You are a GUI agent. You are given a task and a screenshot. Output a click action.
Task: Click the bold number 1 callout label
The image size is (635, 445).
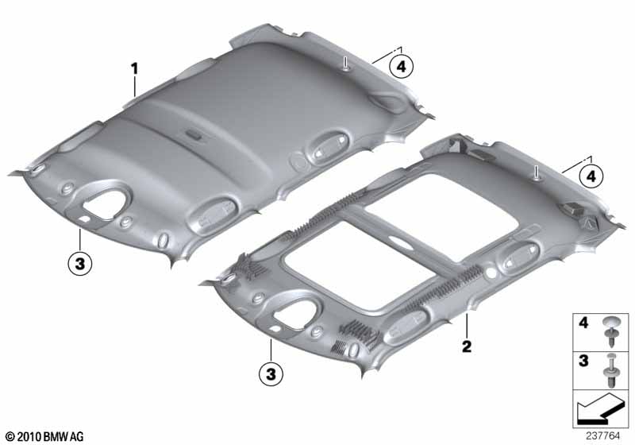tap(134, 68)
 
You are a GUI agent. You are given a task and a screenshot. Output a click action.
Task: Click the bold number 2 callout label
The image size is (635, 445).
tap(467, 346)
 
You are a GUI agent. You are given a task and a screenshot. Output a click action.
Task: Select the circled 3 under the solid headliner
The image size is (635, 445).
tap(80, 264)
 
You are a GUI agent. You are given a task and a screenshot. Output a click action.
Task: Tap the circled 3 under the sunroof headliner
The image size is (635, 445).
tap(271, 374)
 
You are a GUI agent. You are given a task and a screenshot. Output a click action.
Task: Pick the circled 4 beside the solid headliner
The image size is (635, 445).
tap(402, 67)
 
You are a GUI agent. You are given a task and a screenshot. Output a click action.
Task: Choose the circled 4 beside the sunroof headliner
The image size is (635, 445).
tap(591, 176)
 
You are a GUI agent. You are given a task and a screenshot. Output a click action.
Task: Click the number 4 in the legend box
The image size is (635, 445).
tap(583, 323)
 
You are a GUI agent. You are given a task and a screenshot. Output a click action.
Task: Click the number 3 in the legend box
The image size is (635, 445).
tap(583, 361)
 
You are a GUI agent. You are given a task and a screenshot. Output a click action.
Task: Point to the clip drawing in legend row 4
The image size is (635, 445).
tap(611, 332)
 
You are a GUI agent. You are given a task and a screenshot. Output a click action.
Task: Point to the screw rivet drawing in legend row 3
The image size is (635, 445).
tap(611, 370)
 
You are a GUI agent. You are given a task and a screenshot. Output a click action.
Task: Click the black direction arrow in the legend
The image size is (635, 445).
tap(600, 408)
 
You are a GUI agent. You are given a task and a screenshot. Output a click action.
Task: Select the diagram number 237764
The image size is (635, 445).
tap(603, 436)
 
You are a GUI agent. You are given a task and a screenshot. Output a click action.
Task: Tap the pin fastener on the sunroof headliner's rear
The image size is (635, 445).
tap(536, 173)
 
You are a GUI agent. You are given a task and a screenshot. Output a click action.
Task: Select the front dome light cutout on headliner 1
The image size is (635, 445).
tap(106, 201)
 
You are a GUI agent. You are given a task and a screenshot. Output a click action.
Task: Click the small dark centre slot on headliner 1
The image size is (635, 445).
tap(194, 134)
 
